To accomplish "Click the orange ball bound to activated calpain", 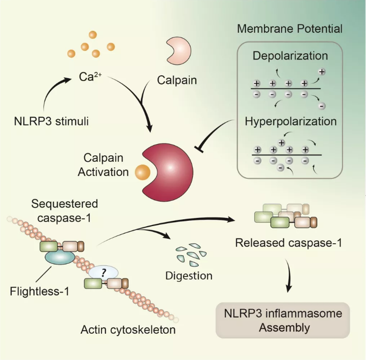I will coord(142,171).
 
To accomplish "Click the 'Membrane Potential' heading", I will coord(289,28).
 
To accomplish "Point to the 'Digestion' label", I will coord(189,275).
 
